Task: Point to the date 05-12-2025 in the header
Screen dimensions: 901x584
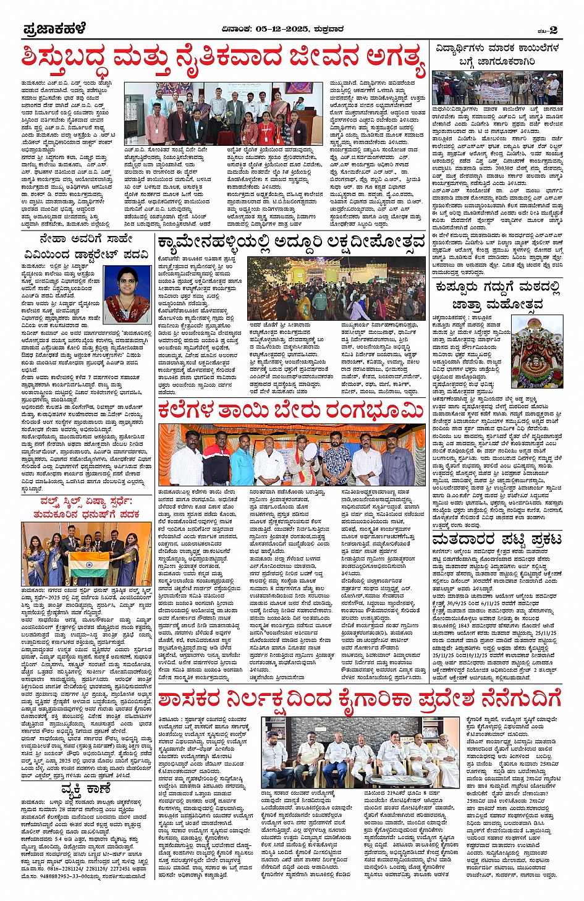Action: tap(282, 28)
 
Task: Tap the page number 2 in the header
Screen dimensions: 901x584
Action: tap(553, 30)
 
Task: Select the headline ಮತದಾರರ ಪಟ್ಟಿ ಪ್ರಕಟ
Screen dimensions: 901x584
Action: tap(497, 539)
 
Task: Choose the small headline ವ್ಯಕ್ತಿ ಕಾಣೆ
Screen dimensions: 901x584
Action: tap(86, 790)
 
